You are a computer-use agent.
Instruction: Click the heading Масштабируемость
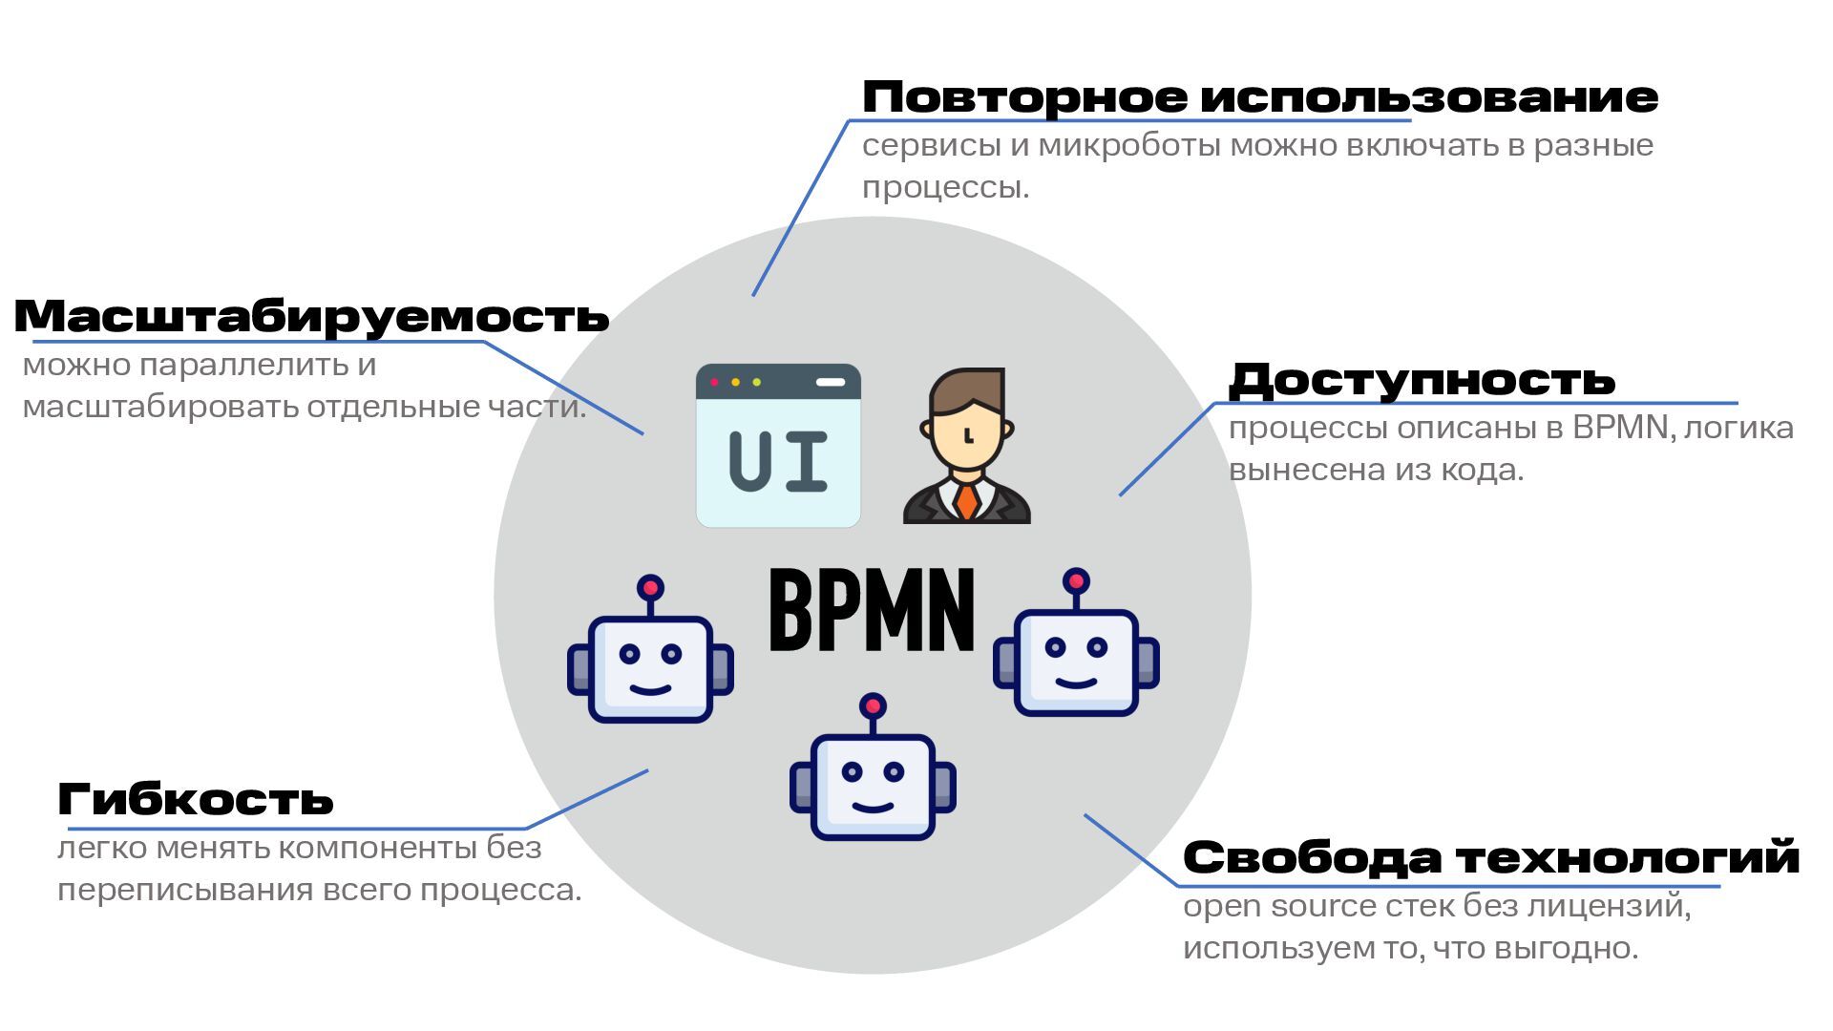pos(311,316)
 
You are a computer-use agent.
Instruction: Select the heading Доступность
pos(1422,380)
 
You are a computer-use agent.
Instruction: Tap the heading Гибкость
pos(196,799)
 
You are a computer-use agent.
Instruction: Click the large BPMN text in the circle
pos(872,611)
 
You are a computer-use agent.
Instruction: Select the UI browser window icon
pos(778,446)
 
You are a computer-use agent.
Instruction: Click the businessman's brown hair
pos(967,389)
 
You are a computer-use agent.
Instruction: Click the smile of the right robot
pos(1076,684)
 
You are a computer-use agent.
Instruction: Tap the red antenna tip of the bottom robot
pos(873,706)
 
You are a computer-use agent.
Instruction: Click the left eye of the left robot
pos(629,654)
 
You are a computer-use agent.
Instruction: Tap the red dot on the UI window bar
pos(714,382)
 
